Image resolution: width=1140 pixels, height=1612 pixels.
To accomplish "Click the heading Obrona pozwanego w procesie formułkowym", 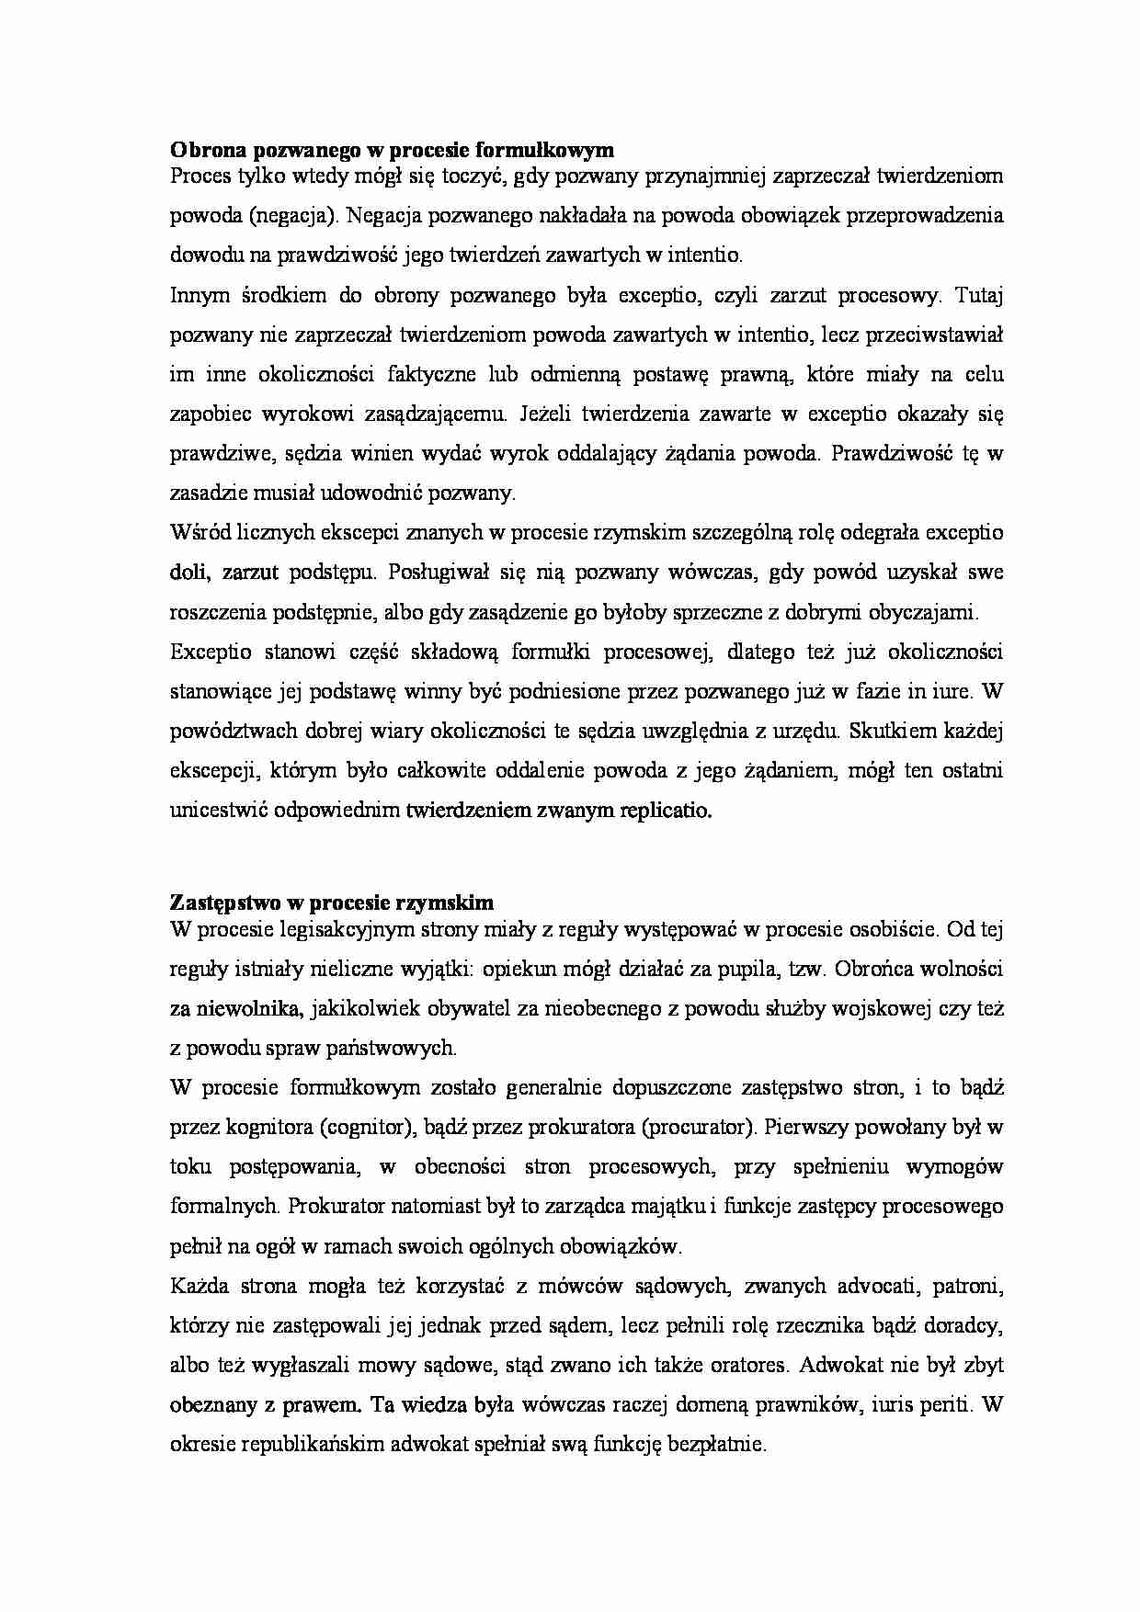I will point(392,148).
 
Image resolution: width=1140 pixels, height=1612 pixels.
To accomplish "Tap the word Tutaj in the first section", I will point(980,295).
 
